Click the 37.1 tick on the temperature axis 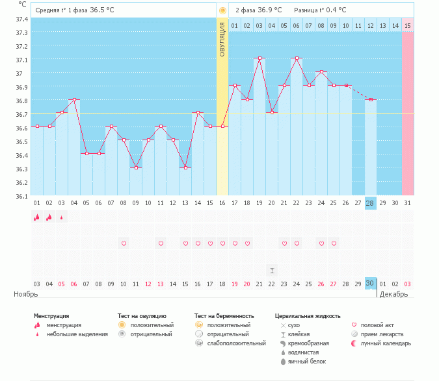coord(21,60)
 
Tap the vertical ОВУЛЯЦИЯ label coord(222,40)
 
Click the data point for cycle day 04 coord(74,100)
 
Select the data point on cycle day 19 coord(259,58)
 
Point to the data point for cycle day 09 coord(136,168)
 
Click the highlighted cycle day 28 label coord(371,203)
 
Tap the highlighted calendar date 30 coord(370,284)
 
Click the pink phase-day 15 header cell coord(408,26)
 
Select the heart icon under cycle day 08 coord(124,243)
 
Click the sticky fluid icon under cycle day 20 coord(272,271)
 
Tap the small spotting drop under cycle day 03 coord(62,217)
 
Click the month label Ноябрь coord(26,294)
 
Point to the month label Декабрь coord(393,294)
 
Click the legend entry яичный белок coord(307,362)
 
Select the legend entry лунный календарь coord(386,343)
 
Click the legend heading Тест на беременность coord(224,316)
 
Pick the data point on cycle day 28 coord(371,100)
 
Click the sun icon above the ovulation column coord(222,10)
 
